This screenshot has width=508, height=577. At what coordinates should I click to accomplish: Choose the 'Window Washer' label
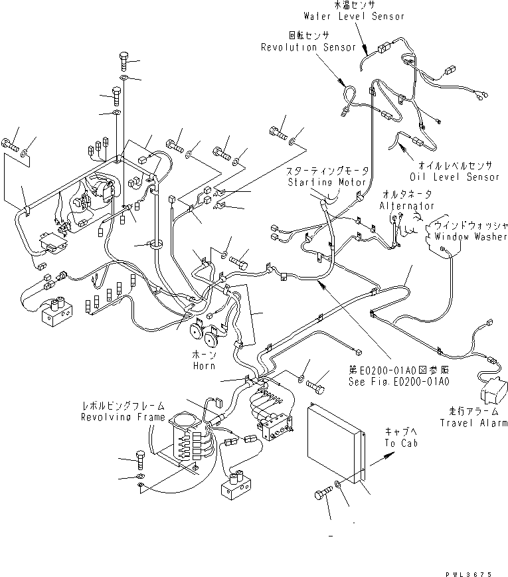pos(470,236)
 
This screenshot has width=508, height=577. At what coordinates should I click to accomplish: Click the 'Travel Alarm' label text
pos(473,423)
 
